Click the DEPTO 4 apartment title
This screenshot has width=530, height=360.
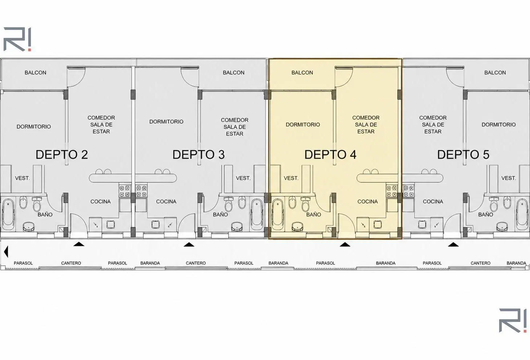[x=330, y=155]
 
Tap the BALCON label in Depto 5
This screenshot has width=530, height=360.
[x=495, y=73]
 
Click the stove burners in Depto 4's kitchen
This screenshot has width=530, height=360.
[x=392, y=191]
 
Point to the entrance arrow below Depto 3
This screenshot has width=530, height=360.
[x=189, y=244]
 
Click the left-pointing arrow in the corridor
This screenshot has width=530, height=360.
[x=6, y=252]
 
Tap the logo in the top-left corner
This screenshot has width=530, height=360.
[x=17, y=39]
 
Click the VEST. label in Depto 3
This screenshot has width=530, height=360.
[x=243, y=178]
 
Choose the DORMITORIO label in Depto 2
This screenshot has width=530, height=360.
[x=34, y=127]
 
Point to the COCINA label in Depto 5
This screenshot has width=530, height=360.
[x=433, y=202]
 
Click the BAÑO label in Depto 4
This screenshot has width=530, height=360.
[x=313, y=215]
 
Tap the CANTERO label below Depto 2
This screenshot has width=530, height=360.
[x=71, y=263]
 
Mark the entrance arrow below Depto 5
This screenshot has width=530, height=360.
[x=453, y=244]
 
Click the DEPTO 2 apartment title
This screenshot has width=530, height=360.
[x=62, y=155]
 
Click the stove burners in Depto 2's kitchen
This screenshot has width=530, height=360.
[x=125, y=191]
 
